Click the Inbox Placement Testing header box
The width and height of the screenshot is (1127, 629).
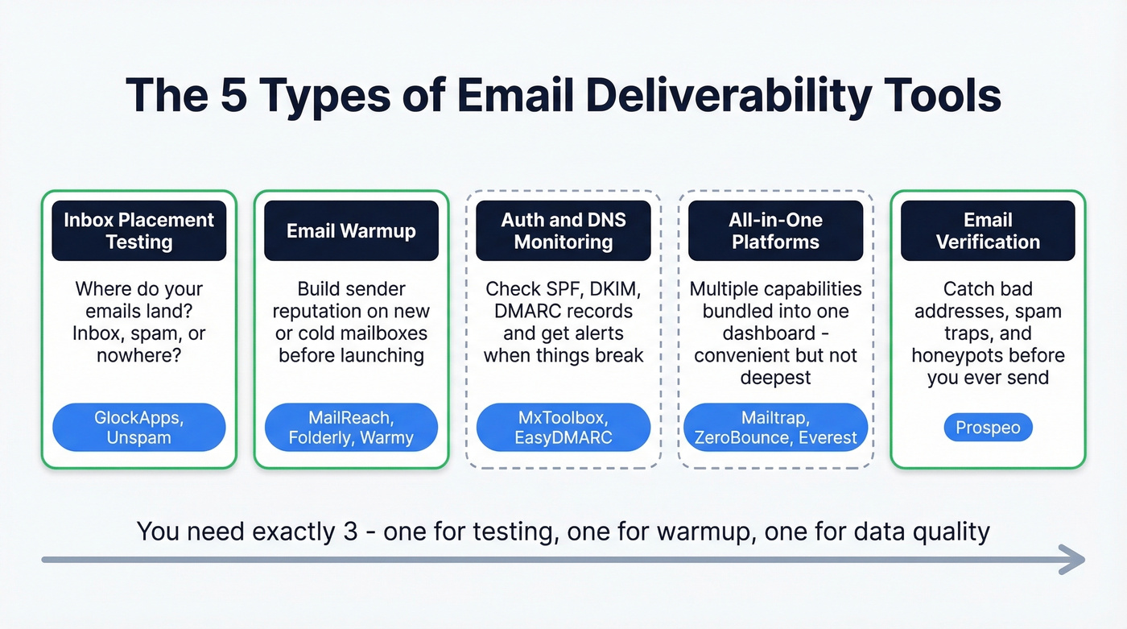coord(138,230)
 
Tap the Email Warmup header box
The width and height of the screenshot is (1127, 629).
coord(351,230)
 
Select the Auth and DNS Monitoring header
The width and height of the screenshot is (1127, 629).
coord(563,230)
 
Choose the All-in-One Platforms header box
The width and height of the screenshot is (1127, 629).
coord(775,230)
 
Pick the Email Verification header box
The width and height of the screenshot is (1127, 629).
coord(988,230)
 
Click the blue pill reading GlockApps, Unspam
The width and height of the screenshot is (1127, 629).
coord(138,427)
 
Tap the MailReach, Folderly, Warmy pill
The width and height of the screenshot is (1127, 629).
coord(351,427)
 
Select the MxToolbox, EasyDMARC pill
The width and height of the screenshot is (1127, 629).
coord(563,427)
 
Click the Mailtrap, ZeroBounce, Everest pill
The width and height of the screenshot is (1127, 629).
coord(775,427)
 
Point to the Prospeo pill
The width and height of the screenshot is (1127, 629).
coord(988,428)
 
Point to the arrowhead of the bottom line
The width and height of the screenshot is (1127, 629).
coord(1074,560)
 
